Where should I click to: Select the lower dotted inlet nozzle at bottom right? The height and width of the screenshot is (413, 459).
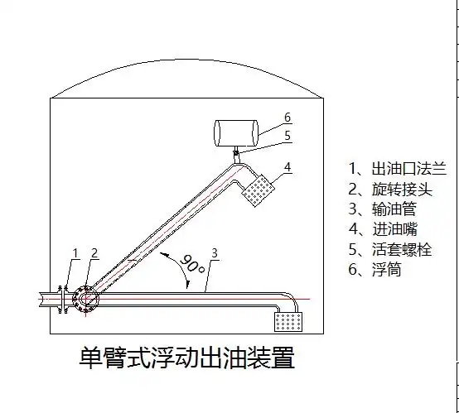(x=290, y=320)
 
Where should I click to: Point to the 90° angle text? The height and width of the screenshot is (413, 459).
(x=192, y=266)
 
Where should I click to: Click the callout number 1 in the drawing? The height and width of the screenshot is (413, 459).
(x=75, y=252)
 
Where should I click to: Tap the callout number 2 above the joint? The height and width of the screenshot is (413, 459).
(x=94, y=252)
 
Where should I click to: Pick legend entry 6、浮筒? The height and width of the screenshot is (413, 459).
(x=374, y=270)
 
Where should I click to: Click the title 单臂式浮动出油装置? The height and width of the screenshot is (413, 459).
(x=186, y=358)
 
